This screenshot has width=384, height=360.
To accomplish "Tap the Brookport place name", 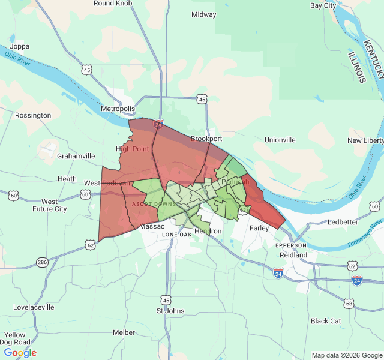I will [206, 139].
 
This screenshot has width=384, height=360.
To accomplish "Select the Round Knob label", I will [112, 4].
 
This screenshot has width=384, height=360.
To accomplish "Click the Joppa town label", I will [19, 46].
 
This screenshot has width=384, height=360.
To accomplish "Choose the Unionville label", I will [280, 140].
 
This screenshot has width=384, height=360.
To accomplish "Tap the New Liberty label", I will [365, 140].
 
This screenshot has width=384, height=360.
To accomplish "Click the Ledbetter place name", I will [342, 222].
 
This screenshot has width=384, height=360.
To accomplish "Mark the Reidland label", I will [292, 255].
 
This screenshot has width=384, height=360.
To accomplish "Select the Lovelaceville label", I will [34, 307].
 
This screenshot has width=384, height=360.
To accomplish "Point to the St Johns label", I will [170, 311].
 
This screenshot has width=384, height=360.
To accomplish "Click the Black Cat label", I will [326, 321].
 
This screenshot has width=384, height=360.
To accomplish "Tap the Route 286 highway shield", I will [42, 262].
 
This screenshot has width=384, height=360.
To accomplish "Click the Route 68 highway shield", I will [349, 304].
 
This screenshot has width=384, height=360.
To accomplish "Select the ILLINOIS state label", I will [356, 67].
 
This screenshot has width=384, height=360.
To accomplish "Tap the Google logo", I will [20, 353].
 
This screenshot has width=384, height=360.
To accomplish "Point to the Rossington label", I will [33, 115].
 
